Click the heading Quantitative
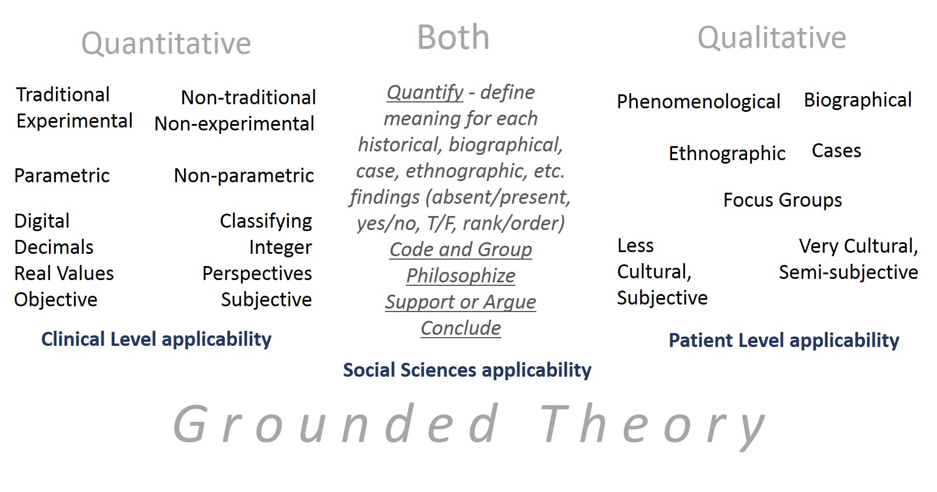pos(166,44)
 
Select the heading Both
pos(454,37)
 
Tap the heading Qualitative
pos(772,38)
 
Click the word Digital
pos(42,221)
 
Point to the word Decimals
pos(54,247)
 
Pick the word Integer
pos(281,247)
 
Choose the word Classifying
pos(266,221)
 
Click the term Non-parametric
pos(244,176)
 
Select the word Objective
pos(56,300)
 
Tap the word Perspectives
pos(257,274)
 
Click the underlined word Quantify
pos(425,93)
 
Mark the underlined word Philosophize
pos(461,276)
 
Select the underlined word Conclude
pos(461,328)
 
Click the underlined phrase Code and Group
pos(461,250)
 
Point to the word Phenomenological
pos(699,102)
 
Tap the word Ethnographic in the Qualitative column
pos(727,154)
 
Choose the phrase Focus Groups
pos(783,200)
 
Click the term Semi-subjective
pos(848,272)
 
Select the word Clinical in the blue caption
pos(73,339)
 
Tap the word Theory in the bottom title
pos(653,426)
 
